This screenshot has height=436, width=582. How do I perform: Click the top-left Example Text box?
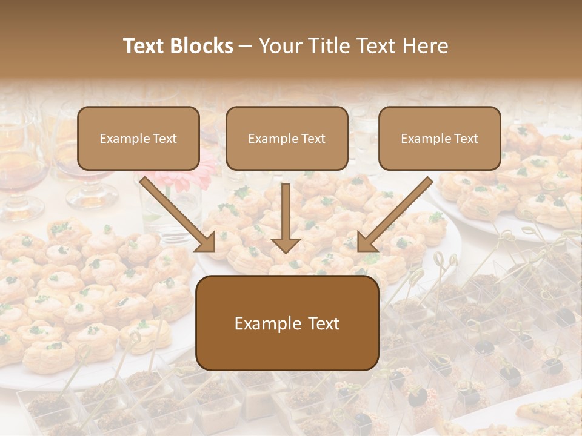(138, 138)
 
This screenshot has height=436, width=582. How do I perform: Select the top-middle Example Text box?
(287, 138)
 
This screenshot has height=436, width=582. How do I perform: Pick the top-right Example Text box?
(440, 138)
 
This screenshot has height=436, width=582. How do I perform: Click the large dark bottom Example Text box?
(287, 323)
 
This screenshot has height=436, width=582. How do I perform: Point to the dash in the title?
(246, 47)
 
